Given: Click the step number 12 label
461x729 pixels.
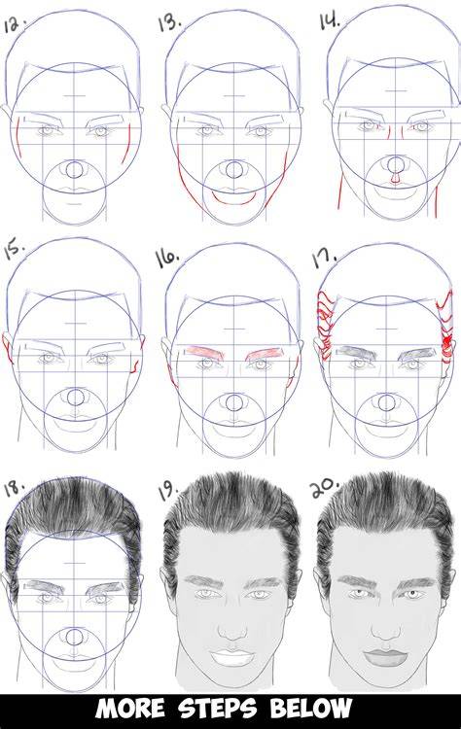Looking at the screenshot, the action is pos(14,24).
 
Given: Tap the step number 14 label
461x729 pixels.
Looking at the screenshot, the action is pos(329,20).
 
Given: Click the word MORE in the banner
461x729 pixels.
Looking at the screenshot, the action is pos(130,709).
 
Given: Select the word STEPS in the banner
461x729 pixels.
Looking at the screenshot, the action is pos(218,709).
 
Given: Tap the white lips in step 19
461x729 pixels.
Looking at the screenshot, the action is pos(231,657).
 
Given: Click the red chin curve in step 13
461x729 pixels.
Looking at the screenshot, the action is pos(234,199).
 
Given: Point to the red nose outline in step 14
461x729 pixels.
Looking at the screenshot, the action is pos(395,179).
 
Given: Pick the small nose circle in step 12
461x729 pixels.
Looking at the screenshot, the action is pos(74,169).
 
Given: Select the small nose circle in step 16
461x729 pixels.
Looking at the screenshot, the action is pos(231,403).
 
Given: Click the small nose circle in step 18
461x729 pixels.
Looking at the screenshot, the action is pos(74,637).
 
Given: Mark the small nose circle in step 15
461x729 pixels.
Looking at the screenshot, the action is pos(75,398).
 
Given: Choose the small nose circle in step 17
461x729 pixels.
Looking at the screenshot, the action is pos(385,402).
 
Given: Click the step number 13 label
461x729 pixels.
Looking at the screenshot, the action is pos(169,22).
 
